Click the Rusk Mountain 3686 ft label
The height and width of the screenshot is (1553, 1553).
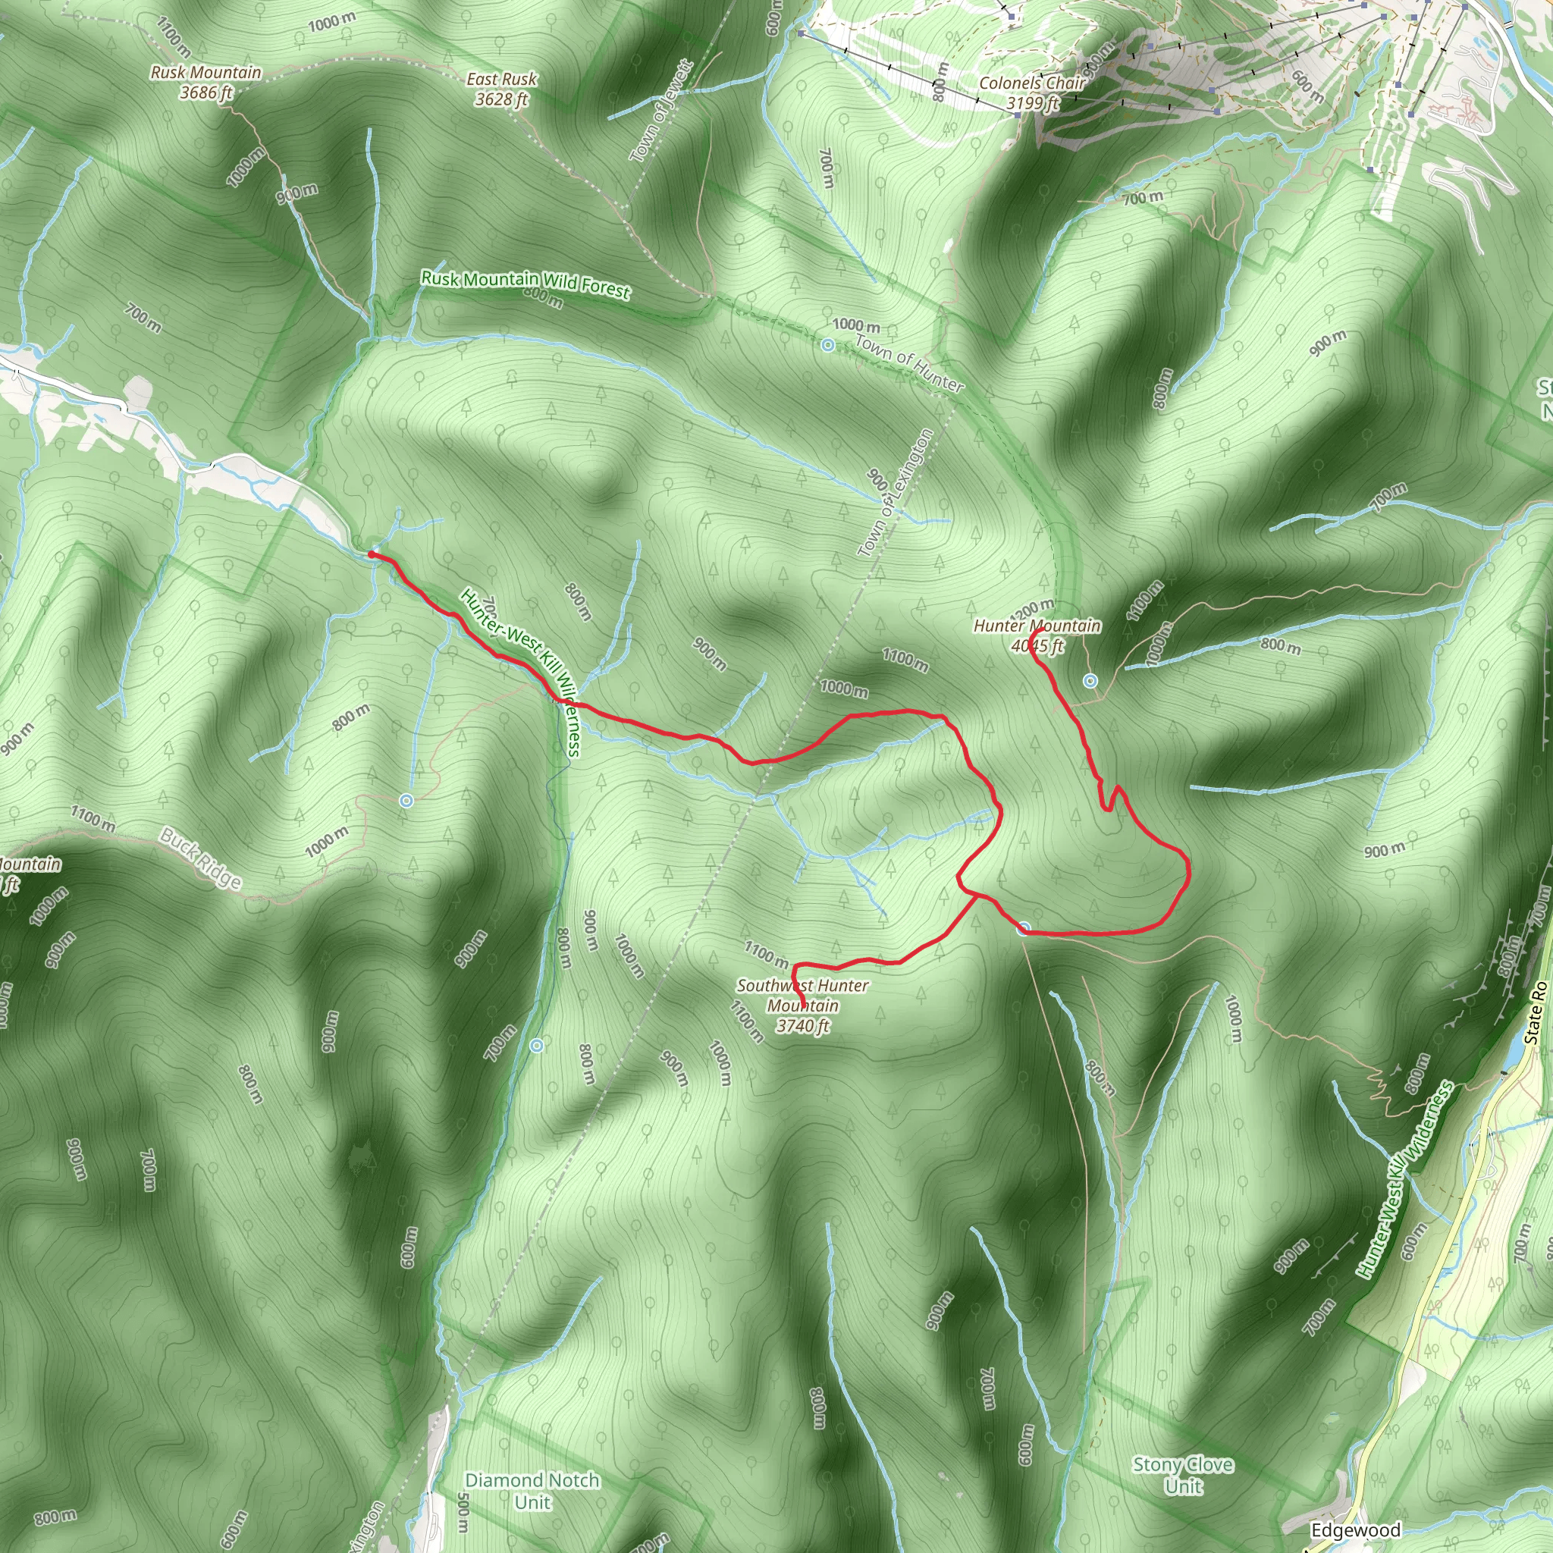click(x=205, y=83)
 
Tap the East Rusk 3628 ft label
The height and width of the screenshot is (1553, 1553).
click(x=501, y=89)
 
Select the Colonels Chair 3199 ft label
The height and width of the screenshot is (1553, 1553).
click(x=1032, y=93)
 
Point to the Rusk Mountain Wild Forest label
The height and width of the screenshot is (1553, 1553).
click(x=526, y=284)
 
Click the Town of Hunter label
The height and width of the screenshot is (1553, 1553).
click(x=909, y=362)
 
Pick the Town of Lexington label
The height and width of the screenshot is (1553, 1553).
click(x=895, y=492)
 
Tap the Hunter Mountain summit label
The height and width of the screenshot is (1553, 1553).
click(x=1037, y=635)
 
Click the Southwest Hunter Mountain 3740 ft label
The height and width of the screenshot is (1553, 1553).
click(x=802, y=1005)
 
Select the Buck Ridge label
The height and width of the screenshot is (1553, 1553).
click(x=200, y=858)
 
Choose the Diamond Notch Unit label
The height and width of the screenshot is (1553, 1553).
click(x=532, y=1491)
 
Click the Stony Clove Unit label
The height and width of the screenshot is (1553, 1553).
click(x=1182, y=1475)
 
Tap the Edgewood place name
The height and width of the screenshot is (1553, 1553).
click(x=1355, y=1529)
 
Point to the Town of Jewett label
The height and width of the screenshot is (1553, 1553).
click(x=661, y=111)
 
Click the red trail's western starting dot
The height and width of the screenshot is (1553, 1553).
click(x=372, y=554)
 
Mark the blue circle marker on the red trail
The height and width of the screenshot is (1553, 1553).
click(x=1023, y=929)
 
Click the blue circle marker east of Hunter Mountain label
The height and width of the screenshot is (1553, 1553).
click(x=1090, y=681)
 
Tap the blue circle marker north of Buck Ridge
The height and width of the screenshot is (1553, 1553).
click(x=406, y=800)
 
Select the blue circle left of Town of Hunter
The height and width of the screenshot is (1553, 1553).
click(x=828, y=345)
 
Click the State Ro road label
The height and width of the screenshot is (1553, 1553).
click(x=1535, y=1012)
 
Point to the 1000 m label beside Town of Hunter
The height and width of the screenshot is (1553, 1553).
click(x=855, y=325)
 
